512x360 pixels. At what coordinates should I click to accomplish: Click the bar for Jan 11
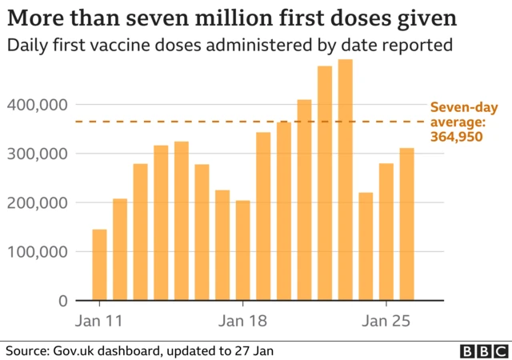pyautogui.click(x=99, y=265)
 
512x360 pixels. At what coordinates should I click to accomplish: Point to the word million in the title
pyautogui.click(x=240, y=18)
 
